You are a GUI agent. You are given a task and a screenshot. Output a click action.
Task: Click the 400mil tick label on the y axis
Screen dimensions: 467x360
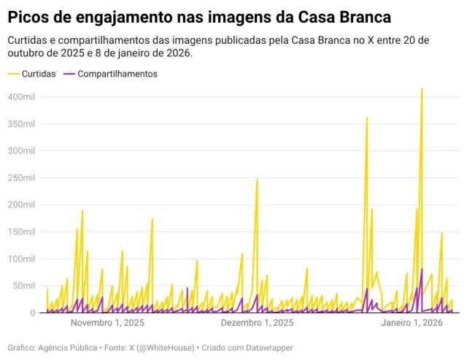coord(21,97)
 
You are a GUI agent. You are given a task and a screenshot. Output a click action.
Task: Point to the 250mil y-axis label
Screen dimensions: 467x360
coord(21,178)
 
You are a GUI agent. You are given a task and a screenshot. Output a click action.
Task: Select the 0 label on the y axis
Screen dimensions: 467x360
coord(32,313)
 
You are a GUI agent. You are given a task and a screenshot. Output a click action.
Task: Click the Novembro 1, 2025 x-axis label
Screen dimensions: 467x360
coord(107,323)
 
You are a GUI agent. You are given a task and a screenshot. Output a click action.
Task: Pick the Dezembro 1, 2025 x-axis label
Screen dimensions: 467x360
coord(257,323)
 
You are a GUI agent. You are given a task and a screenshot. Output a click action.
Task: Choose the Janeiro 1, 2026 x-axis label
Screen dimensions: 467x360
coord(412,323)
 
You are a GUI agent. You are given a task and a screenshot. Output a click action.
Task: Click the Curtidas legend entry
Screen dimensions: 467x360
coord(31,74)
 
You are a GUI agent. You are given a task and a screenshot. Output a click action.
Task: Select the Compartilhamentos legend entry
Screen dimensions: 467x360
coord(110,74)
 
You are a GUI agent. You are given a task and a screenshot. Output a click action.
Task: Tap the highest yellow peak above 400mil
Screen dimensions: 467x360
coord(422,88)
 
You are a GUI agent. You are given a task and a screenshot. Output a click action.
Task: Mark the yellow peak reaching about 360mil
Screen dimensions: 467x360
coord(367,118)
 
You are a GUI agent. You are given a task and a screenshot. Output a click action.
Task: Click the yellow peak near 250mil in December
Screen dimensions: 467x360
coord(257,180)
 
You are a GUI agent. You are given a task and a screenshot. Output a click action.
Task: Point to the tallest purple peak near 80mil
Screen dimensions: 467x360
coord(422,269)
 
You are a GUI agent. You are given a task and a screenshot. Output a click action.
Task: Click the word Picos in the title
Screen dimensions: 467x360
coord(28,18)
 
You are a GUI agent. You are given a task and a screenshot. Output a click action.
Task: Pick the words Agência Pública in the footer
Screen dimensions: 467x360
coord(68,348)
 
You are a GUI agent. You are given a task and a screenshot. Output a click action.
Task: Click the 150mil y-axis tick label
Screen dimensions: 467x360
coord(21,232)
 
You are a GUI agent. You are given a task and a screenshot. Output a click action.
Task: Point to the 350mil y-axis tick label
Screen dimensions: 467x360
coord(21,124)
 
